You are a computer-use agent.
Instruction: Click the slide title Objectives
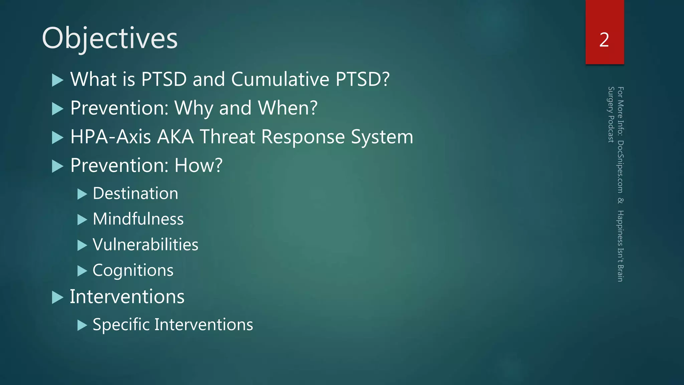(110, 38)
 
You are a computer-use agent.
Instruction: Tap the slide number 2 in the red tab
(604, 40)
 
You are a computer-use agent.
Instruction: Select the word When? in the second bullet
(288, 108)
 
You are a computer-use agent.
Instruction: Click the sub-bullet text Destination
(135, 194)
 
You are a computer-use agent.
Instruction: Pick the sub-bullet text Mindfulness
(138, 219)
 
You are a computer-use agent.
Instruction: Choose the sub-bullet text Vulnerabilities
(145, 245)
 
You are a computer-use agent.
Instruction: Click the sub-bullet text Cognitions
(133, 270)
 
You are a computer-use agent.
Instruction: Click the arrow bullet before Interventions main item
(58, 297)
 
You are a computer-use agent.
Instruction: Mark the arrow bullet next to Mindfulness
(82, 220)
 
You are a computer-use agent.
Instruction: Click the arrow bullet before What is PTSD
(58, 80)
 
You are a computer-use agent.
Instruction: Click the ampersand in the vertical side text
(620, 201)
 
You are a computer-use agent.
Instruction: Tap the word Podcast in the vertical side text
(611, 129)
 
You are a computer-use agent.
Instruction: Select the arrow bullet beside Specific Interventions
(82, 325)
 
